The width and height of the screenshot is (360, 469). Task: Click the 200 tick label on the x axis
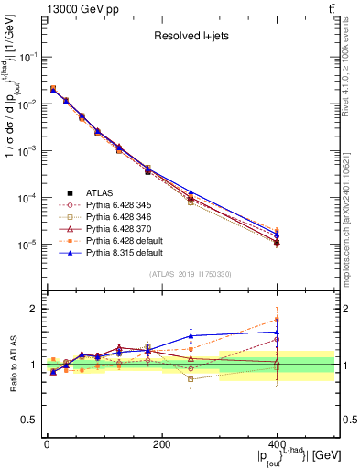point(161,444)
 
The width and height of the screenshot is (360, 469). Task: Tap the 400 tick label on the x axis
point(277,444)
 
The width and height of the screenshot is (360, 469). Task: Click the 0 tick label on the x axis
point(46,444)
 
